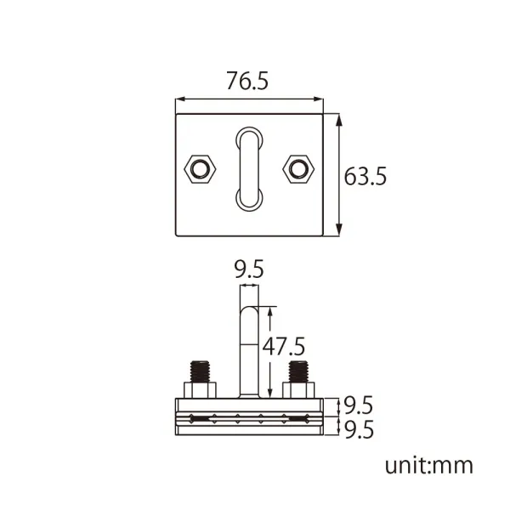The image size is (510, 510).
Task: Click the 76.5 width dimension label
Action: point(247,81)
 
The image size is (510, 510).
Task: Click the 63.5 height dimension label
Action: point(365,176)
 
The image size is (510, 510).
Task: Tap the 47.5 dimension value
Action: point(284,346)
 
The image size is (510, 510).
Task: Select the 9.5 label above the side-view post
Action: point(249,269)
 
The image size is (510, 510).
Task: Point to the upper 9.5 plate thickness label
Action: point(358,405)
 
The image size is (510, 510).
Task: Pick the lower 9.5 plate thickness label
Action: point(359,429)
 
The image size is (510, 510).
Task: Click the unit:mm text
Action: point(428,466)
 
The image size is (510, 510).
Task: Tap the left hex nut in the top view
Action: point(200,169)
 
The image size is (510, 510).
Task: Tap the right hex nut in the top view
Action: point(298,169)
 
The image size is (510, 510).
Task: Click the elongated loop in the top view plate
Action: point(241,169)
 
